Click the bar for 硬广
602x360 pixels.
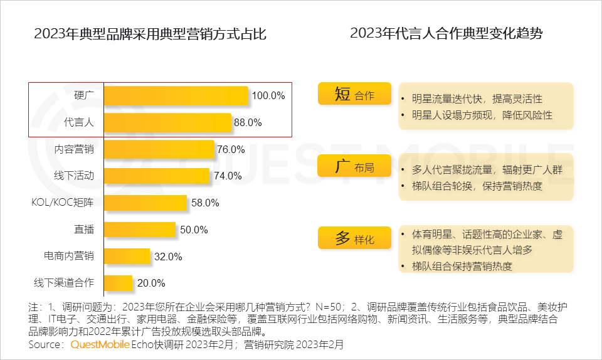pyautogui.click(x=176, y=96)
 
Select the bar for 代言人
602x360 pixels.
pyautogui.click(x=167, y=123)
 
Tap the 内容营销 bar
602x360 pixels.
pyautogui.click(x=159, y=149)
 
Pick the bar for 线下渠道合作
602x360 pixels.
pyautogui.click(x=119, y=283)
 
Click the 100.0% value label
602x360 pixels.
pyautogui.click(x=268, y=96)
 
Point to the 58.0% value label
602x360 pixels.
pyautogui.click(x=205, y=203)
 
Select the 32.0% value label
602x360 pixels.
pyautogui.click(x=168, y=257)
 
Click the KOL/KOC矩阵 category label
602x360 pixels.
pyautogui.click(x=63, y=203)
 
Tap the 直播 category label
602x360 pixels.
pyautogui.click(x=83, y=230)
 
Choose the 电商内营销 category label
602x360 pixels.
pyautogui.click(x=69, y=257)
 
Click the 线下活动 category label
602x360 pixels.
pyautogui.click(x=74, y=176)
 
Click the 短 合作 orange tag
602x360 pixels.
pyautogui.click(x=354, y=95)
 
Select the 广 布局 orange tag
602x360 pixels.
pyautogui.click(x=354, y=167)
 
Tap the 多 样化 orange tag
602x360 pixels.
pyautogui.click(x=354, y=239)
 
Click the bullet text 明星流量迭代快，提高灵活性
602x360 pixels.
pyautogui.click(x=477, y=99)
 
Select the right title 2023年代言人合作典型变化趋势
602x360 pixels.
pyautogui.click(x=446, y=34)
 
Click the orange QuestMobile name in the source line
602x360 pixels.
pyautogui.click(x=100, y=344)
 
